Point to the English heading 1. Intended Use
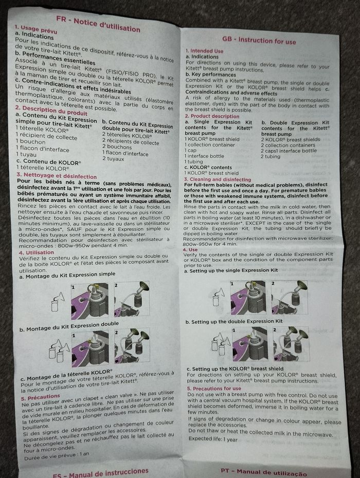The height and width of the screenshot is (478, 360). (x=204, y=51)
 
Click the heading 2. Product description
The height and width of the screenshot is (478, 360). (x=212, y=116)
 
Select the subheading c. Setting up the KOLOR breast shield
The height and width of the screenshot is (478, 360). (x=237, y=369)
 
